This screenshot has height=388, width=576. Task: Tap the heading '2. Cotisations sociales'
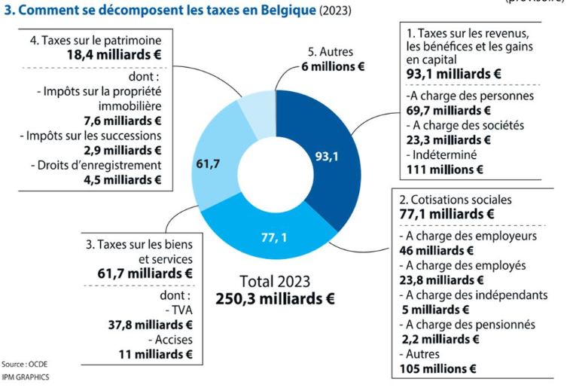pyautogui.click(x=455, y=200)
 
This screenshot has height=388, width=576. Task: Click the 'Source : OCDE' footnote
pyautogui.click(x=24, y=363)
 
